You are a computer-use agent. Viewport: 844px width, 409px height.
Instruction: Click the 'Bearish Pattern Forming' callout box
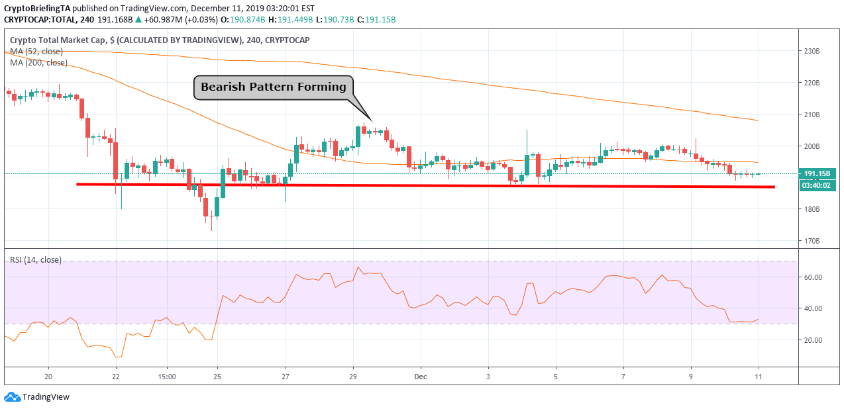click(273, 87)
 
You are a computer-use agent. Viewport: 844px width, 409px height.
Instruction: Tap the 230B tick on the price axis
click(812, 51)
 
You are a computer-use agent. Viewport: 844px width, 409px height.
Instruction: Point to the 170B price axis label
click(812, 241)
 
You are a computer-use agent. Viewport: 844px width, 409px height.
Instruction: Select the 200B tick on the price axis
click(812, 146)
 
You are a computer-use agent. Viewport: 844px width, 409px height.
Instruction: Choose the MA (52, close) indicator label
click(36, 52)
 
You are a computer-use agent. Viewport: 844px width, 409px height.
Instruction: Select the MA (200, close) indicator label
click(38, 63)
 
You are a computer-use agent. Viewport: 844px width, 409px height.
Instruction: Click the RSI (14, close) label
click(36, 260)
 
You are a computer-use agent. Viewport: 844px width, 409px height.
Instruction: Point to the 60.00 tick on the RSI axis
click(812, 277)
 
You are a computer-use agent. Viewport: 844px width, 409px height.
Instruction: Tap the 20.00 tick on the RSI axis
click(812, 340)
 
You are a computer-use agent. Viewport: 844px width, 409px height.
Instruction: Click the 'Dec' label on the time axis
click(420, 377)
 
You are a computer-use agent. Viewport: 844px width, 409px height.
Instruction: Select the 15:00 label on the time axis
click(167, 377)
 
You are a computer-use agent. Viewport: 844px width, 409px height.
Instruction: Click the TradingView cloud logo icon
click(12, 397)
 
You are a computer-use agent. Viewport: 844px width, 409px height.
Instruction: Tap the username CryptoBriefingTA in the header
click(37, 9)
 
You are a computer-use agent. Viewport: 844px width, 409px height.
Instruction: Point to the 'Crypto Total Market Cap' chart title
click(58, 40)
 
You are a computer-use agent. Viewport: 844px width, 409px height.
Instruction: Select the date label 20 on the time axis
click(48, 377)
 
